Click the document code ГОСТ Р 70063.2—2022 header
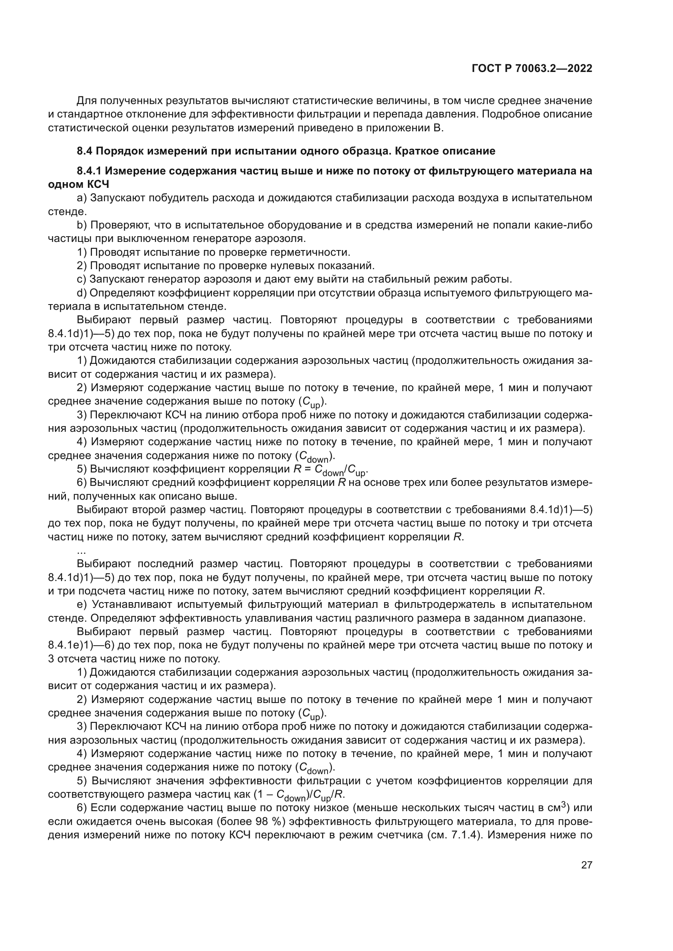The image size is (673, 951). pos(532,69)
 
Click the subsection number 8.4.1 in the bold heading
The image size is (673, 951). pos(89,171)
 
